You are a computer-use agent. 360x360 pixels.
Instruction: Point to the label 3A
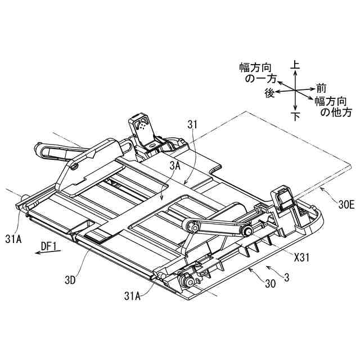[174, 166]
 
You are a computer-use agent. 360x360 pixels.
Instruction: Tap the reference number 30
[270, 285]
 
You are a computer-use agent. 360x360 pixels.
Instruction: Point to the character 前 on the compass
[321, 88]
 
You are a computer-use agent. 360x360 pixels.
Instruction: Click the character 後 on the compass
[269, 93]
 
